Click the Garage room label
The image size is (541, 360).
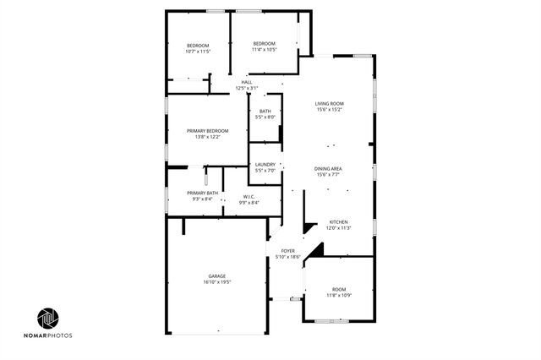(217, 276)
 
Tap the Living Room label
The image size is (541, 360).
(329, 103)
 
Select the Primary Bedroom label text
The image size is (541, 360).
(208, 130)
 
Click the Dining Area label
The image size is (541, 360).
(329, 169)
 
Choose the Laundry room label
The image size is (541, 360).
(265, 165)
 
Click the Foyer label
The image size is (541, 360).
(288, 250)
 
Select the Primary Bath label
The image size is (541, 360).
(203, 193)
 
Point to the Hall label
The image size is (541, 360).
(247, 82)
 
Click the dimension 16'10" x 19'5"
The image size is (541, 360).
(217, 282)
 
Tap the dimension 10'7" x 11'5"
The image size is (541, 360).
(198, 52)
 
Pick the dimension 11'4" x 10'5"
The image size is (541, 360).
(265, 50)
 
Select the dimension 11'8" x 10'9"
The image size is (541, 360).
(339, 295)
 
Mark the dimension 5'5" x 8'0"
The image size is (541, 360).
(265, 117)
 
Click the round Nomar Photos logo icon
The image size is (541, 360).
(48, 318)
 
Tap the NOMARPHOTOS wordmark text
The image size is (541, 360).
(48, 335)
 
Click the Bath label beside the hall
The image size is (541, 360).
(265, 111)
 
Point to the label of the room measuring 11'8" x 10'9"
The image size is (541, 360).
(339, 289)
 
